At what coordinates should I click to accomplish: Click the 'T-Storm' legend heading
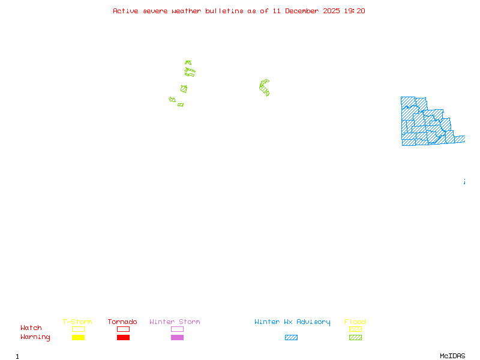click(x=77, y=322)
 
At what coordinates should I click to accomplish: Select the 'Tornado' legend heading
click(x=122, y=322)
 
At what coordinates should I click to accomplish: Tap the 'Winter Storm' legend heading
click(x=175, y=322)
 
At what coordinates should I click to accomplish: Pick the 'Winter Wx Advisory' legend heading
click(x=292, y=322)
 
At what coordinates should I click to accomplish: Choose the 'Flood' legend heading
click(x=355, y=322)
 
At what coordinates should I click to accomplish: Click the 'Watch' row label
click(x=31, y=328)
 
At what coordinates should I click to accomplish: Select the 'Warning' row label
click(x=35, y=337)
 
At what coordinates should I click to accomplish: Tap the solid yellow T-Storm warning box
click(x=78, y=338)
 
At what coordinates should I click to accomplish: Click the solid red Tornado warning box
click(x=123, y=338)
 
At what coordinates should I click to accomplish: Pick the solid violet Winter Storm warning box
click(x=177, y=338)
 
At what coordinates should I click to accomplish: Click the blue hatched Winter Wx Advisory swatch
click(x=291, y=338)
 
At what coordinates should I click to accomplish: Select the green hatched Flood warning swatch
click(x=355, y=338)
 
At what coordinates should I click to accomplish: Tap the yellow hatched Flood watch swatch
click(x=355, y=329)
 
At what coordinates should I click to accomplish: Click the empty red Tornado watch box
click(x=123, y=329)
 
